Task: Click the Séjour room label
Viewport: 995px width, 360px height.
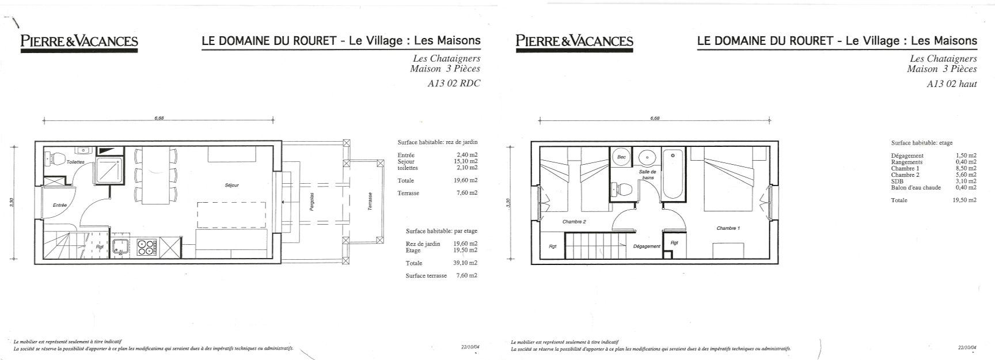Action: coord(232,185)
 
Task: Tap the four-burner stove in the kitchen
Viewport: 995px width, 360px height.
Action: coord(147,247)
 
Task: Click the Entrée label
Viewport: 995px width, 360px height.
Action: coord(60,206)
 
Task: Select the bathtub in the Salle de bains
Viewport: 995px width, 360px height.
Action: coord(673,175)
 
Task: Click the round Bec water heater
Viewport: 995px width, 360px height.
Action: coord(621,157)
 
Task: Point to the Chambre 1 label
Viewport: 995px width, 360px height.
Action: coord(728,229)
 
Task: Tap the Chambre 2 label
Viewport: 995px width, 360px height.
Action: coord(574,222)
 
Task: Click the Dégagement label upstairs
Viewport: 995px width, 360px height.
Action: coord(647,247)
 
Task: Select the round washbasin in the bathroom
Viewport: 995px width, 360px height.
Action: coord(648,157)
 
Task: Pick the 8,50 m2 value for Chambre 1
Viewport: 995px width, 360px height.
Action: coord(964,169)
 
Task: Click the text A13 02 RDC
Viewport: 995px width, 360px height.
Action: coord(453,83)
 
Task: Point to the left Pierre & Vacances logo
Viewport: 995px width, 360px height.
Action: coord(79,41)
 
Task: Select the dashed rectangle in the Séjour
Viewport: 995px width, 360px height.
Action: coord(231,215)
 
